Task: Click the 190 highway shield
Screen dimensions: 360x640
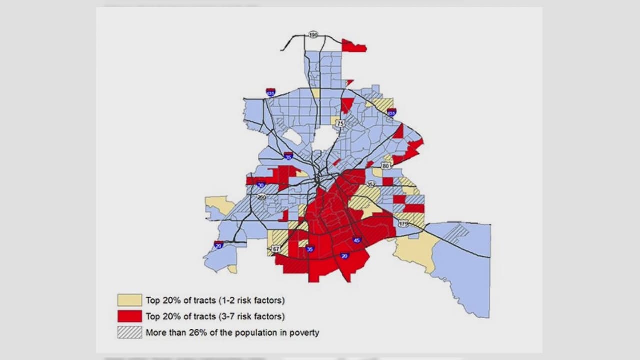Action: click(313, 35)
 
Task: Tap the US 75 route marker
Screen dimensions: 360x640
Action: click(340, 123)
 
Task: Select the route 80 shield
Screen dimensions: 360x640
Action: click(385, 165)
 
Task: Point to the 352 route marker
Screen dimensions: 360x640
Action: click(371, 184)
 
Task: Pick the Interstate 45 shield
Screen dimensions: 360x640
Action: click(356, 240)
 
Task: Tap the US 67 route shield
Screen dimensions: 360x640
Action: click(277, 249)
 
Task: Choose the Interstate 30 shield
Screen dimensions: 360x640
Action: click(261, 185)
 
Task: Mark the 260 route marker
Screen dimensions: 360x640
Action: click(262, 197)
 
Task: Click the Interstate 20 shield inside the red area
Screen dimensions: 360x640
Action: click(344, 256)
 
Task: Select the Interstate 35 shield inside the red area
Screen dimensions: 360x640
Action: click(310, 249)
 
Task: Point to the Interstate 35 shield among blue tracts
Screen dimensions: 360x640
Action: click(288, 156)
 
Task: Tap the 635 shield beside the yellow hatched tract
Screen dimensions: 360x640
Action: click(392, 113)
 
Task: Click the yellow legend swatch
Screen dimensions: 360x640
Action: click(130, 300)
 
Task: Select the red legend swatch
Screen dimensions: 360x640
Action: click(130, 316)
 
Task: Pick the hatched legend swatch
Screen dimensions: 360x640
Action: click(130, 332)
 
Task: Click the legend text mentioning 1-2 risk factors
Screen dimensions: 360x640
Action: click(215, 300)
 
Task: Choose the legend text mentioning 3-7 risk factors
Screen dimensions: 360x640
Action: click(215, 316)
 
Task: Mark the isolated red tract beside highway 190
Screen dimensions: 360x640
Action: click(354, 47)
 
